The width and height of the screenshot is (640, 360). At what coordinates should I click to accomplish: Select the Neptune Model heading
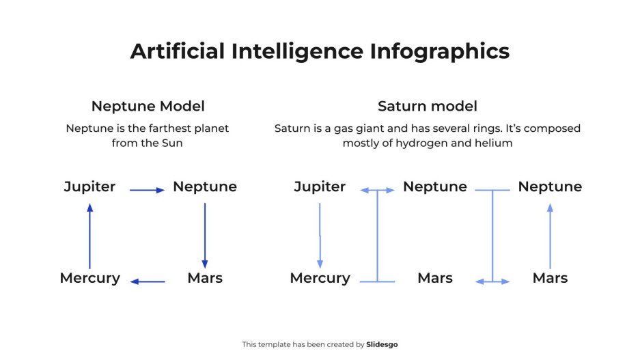148,107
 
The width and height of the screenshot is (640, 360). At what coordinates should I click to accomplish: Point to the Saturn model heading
427,107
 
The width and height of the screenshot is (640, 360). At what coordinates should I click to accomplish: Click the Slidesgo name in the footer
382,345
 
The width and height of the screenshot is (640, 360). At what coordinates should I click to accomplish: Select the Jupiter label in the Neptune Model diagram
89,186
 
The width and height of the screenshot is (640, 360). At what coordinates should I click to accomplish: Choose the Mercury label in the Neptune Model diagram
89,278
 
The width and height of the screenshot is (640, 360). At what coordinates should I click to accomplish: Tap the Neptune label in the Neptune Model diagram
205,186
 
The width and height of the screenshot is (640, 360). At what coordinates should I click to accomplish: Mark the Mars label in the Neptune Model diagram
205,278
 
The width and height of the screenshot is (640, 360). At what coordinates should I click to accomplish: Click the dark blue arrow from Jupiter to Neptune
147,190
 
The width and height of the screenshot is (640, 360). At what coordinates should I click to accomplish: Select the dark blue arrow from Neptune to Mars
205,235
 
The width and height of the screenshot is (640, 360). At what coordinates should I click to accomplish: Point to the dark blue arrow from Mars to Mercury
148,281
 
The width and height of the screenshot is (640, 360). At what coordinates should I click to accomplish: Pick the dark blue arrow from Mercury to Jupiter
89,236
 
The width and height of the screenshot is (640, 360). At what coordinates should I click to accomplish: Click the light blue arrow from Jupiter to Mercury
320,235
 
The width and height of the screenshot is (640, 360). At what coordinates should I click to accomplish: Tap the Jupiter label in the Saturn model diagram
320,186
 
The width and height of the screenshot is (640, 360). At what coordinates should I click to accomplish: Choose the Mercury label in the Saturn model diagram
320,278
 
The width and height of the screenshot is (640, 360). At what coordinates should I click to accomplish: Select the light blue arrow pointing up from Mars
550,236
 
